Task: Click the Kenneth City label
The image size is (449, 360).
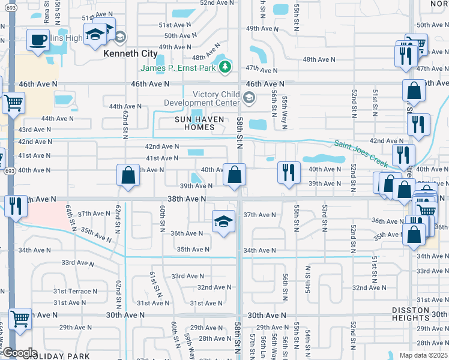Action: coord(130,53)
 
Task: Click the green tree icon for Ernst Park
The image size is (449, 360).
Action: coord(225,67)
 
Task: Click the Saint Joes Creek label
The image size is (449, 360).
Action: coord(361,152)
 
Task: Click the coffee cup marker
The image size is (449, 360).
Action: coord(39,40)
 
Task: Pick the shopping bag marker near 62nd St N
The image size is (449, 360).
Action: coord(128,176)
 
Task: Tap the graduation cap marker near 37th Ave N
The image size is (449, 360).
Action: coord(223,221)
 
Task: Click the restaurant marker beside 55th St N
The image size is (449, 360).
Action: coord(289,173)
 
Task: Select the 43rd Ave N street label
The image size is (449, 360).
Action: coord(34,130)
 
